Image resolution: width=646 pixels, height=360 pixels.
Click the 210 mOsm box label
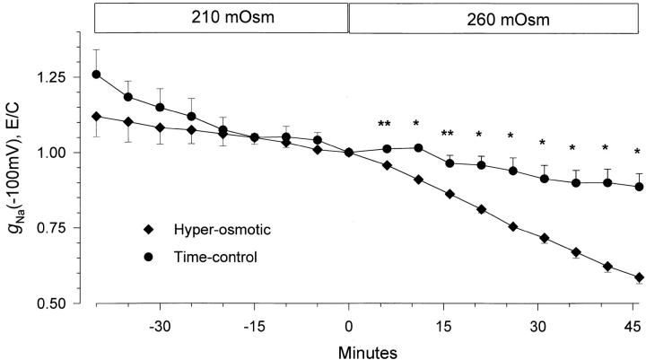tap(221, 17)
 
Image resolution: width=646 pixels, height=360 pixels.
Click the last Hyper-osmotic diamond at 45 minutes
tap(638, 277)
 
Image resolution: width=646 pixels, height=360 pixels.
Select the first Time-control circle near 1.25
tap(96, 75)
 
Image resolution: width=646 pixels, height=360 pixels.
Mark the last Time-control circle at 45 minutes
tap(638, 187)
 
